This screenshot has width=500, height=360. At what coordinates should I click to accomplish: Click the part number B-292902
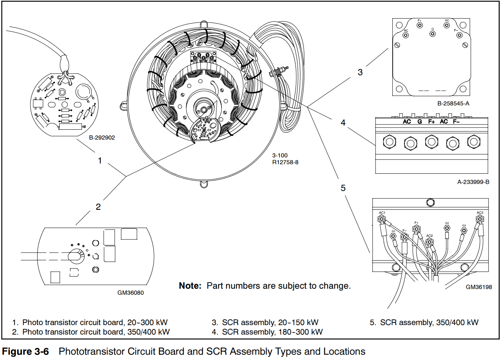click(x=102, y=138)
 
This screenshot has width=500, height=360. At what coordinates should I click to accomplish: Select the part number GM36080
click(x=131, y=293)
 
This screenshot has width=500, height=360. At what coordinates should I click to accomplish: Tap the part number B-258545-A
click(x=453, y=104)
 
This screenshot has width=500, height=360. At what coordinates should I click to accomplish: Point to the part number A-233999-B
click(x=473, y=182)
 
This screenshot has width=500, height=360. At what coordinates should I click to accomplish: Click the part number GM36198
click(x=479, y=287)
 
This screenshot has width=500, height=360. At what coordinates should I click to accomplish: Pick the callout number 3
click(x=360, y=72)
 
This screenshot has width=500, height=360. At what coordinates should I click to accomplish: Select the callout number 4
click(x=343, y=123)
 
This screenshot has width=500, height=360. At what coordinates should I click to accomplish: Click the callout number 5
click(x=343, y=188)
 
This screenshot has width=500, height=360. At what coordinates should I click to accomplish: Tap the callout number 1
click(x=100, y=161)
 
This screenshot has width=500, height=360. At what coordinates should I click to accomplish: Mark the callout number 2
click(x=98, y=207)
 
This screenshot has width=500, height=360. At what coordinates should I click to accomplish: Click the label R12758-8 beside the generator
click(x=285, y=162)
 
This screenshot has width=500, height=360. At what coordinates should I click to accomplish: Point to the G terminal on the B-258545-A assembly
click(x=432, y=34)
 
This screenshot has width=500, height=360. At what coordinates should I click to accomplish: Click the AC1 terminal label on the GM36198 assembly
click(x=382, y=213)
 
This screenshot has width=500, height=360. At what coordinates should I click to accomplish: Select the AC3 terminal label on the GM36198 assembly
click(x=480, y=213)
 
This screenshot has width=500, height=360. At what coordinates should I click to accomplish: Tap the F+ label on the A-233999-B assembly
click(x=431, y=122)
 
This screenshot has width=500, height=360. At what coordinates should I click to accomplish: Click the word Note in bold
click(x=190, y=286)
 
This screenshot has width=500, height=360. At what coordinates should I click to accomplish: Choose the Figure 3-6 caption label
click(x=26, y=352)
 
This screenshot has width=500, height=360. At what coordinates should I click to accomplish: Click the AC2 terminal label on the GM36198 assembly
click(x=429, y=236)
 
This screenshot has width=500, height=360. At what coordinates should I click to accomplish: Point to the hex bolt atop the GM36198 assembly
click(x=430, y=202)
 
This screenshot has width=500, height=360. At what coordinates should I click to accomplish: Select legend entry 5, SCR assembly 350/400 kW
click(x=424, y=323)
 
